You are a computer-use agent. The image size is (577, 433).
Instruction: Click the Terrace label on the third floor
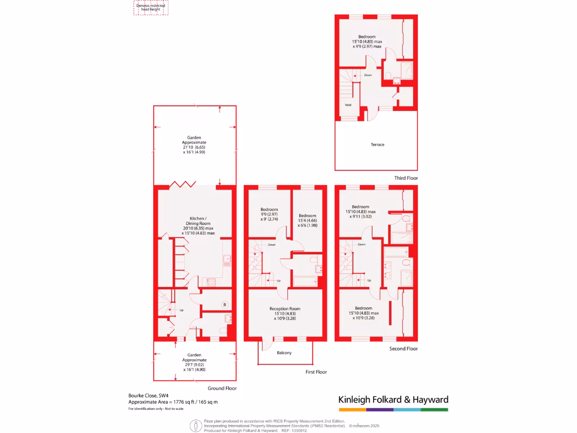click(x=378, y=145)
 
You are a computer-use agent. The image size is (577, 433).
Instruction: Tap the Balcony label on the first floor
click(x=284, y=353)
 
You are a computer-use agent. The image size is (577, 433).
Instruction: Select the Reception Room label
click(x=285, y=309)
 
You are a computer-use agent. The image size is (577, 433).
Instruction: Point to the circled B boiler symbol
click(x=224, y=305)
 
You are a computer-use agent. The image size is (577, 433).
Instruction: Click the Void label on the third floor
click(x=348, y=104)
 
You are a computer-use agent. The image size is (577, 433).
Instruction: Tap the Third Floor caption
click(x=406, y=178)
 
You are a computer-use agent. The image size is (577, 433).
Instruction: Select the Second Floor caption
click(x=403, y=349)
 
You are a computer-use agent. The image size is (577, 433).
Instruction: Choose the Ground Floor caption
click(x=223, y=388)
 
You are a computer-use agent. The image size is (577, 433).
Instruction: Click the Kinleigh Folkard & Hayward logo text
click(x=393, y=400)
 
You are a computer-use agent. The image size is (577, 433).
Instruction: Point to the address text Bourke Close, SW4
click(x=148, y=395)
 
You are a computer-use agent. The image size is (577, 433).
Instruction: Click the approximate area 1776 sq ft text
click(x=174, y=402)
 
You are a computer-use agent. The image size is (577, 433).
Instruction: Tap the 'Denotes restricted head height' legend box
click(x=150, y=7)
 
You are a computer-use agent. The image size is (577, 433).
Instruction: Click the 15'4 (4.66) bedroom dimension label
click(x=307, y=221)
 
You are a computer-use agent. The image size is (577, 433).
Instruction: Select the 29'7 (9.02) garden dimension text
click(x=194, y=365)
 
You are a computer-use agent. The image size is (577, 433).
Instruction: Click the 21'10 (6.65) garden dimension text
click(x=193, y=148)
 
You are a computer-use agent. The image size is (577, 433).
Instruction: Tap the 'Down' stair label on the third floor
click(x=368, y=75)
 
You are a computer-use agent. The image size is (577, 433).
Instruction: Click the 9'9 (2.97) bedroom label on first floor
click(x=269, y=215)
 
